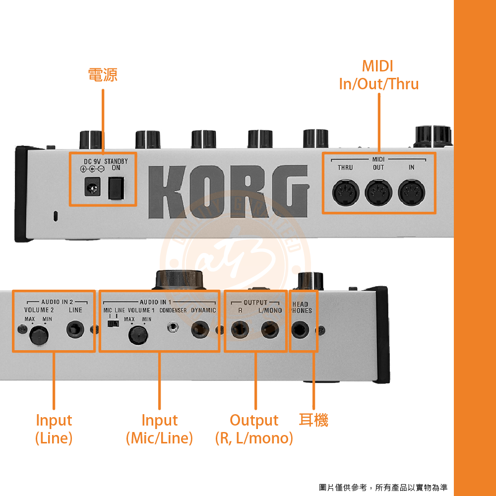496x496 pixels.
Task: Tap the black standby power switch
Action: click(116, 188)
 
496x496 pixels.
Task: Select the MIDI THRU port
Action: click(346, 192)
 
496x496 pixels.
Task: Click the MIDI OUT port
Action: click(378, 192)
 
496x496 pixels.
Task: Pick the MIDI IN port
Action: click(412, 192)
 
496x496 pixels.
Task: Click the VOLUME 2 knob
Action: click(39, 335)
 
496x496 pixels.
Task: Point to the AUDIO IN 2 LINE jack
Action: click(75, 330)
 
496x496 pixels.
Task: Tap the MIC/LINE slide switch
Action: click(113, 323)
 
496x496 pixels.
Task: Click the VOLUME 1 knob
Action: click(138, 335)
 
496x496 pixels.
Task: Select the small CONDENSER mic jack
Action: click(173, 327)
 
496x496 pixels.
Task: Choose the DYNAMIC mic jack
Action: click(200, 330)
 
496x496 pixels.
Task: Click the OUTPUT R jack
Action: click(240, 330)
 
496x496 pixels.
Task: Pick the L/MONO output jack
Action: click(270, 330)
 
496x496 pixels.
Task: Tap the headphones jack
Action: click(300, 330)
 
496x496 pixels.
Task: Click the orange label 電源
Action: click(103, 75)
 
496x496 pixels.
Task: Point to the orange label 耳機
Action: click(313, 420)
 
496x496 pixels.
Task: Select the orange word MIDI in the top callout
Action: click(377, 66)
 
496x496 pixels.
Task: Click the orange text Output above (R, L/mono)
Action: click(254, 421)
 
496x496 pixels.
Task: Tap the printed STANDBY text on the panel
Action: click(116, 161)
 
